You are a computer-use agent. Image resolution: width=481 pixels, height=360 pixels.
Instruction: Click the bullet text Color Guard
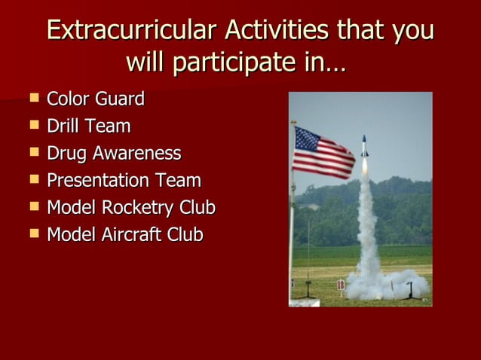(96, 99)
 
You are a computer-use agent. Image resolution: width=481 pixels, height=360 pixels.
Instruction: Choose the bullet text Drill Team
(88, 126)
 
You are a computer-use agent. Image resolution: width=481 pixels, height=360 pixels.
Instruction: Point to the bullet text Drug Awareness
(114, 153)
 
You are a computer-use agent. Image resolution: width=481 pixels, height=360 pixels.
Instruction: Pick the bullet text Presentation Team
(124, 180)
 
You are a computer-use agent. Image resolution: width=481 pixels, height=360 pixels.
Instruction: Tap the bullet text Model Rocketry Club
(131, 207)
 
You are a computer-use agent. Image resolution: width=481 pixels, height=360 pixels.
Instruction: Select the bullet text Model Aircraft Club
(124, 234)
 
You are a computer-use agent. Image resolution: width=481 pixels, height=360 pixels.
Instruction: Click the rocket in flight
(365, 146)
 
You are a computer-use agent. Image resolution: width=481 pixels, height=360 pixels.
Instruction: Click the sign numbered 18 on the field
(340, 284)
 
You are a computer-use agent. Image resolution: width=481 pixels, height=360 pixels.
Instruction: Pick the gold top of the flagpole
(293, 123)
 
